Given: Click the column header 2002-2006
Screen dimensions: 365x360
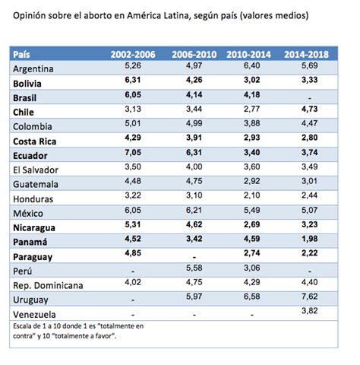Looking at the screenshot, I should (134, 55).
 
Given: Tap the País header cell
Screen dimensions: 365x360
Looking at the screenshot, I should (24, 55).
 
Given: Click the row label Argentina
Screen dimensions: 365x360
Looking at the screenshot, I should (36, 68).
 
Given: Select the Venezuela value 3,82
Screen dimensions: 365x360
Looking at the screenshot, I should (309, 309).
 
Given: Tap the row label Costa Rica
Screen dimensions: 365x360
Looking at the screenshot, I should (39, 140).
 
